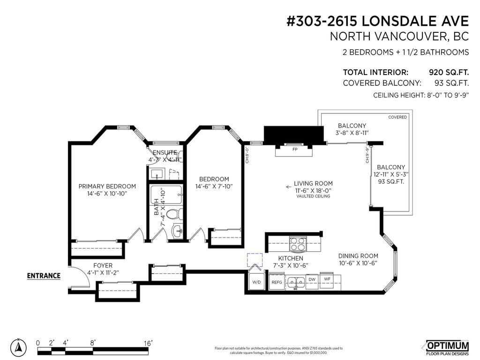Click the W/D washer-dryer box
click(x=256, y=282)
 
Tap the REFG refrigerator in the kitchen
click(x=277, y=282)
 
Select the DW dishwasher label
click(x=312, y=279)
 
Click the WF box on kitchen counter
click(x=328, y=279)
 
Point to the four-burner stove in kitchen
click(x=298, y=244)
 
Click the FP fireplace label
click(x=295, y=150)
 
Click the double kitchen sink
click(x=295, y=282)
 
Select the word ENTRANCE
click(x=44, y=276)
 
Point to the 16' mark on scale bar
click(x=148, y=343)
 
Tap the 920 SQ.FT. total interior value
click(x=449, y=73)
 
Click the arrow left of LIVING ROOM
click(x=288, y=187)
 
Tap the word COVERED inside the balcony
click(x=397, y=117)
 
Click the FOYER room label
click(x=103, y=265)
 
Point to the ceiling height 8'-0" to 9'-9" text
click(x=421, y=95)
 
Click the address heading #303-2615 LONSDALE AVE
click(x=377, y=21)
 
